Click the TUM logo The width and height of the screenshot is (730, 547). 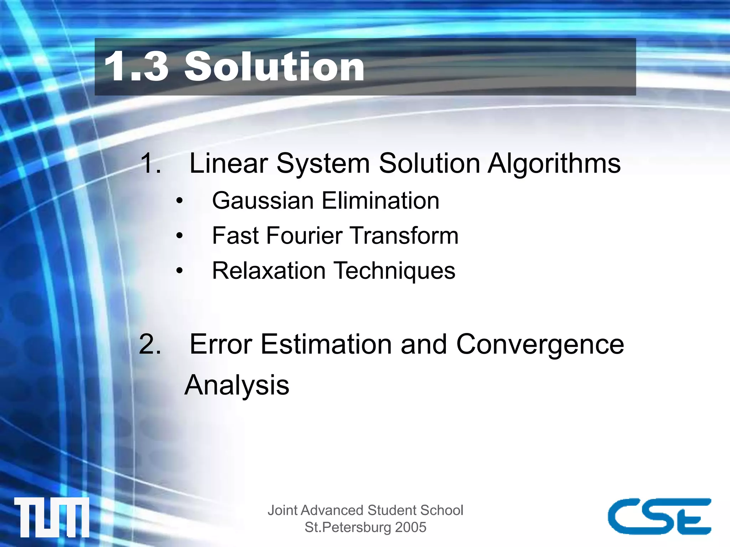click(52, 517)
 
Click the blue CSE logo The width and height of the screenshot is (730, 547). click(659, 516)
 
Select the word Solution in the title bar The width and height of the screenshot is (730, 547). click(274, 67)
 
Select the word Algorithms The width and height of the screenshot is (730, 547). click(554, 164)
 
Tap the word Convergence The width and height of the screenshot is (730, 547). click(540, 345)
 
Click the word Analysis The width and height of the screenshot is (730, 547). click(237, 385)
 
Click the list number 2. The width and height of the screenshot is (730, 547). click(150, 344)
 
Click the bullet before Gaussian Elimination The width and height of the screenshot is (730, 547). click(180, 201)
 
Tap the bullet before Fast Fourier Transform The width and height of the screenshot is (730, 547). click(180, 236)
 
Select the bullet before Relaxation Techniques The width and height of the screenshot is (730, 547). click(180, 271)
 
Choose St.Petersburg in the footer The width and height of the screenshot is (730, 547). click(348, 527)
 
